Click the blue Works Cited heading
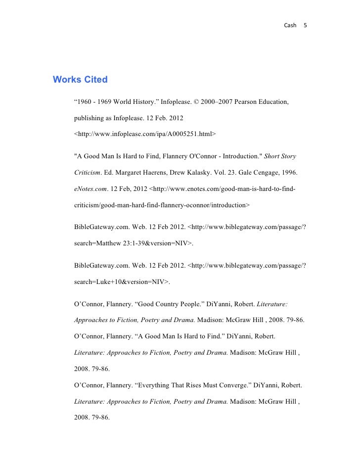pos(80,79)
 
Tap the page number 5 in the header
pos(305,25)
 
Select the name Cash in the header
pos(290,25)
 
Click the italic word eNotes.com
pos(90,188)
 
